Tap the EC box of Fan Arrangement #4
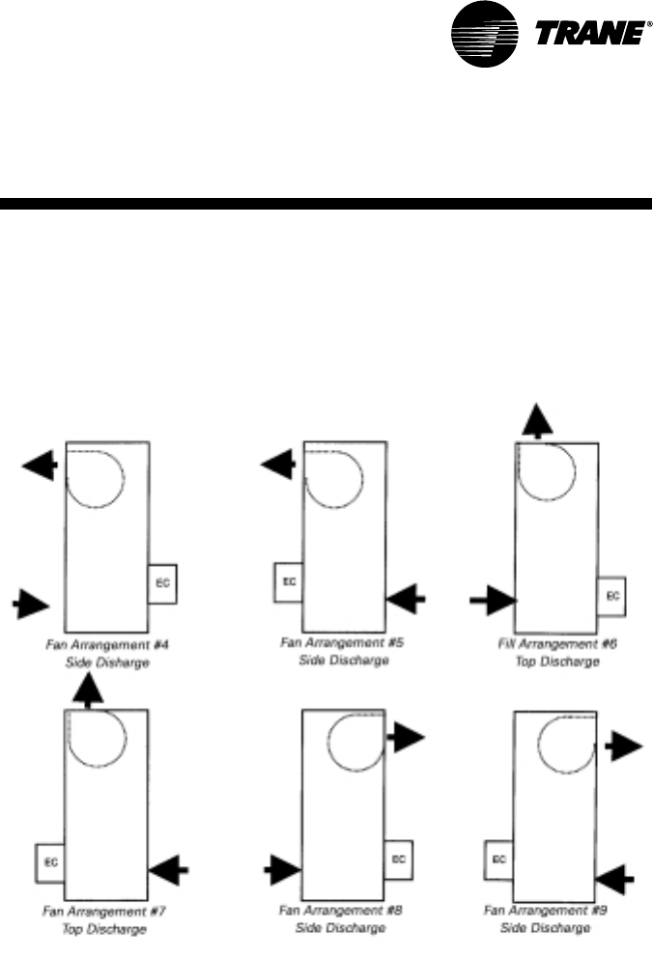[163, 583]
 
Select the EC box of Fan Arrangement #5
[289, 582]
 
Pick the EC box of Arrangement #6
[611, 596]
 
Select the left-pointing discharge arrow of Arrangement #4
[40, 467]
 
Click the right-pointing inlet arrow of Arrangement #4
[33, 606]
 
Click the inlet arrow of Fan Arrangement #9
[614, 877]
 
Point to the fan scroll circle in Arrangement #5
[335, 473]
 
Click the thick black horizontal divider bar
[326, 204]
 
